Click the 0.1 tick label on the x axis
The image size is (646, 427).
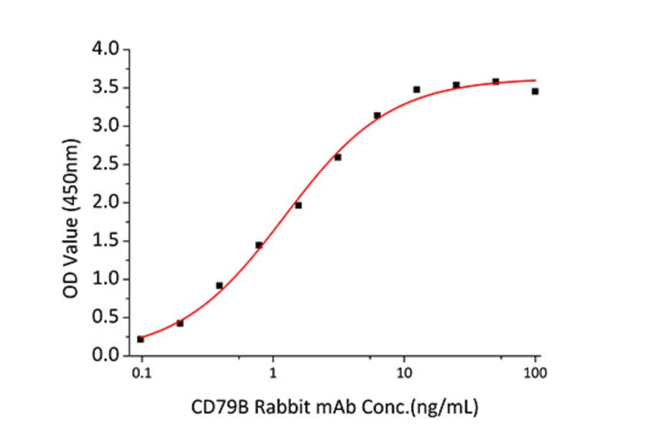click(141, 374)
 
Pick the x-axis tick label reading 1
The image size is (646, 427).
click(273, 374)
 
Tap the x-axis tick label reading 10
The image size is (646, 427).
click(404, 374)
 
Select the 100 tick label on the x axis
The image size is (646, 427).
click(535, 374)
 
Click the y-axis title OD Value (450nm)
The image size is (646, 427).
click(71, 203)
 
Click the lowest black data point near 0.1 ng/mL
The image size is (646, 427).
click(141, 339)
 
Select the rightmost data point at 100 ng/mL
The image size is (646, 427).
click(535, 91)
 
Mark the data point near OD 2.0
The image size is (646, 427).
click(299, 206)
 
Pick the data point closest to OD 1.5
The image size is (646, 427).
click(259, 245)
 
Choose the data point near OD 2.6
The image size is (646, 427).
click(338, 157)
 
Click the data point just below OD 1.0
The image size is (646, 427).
click(220, 285)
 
